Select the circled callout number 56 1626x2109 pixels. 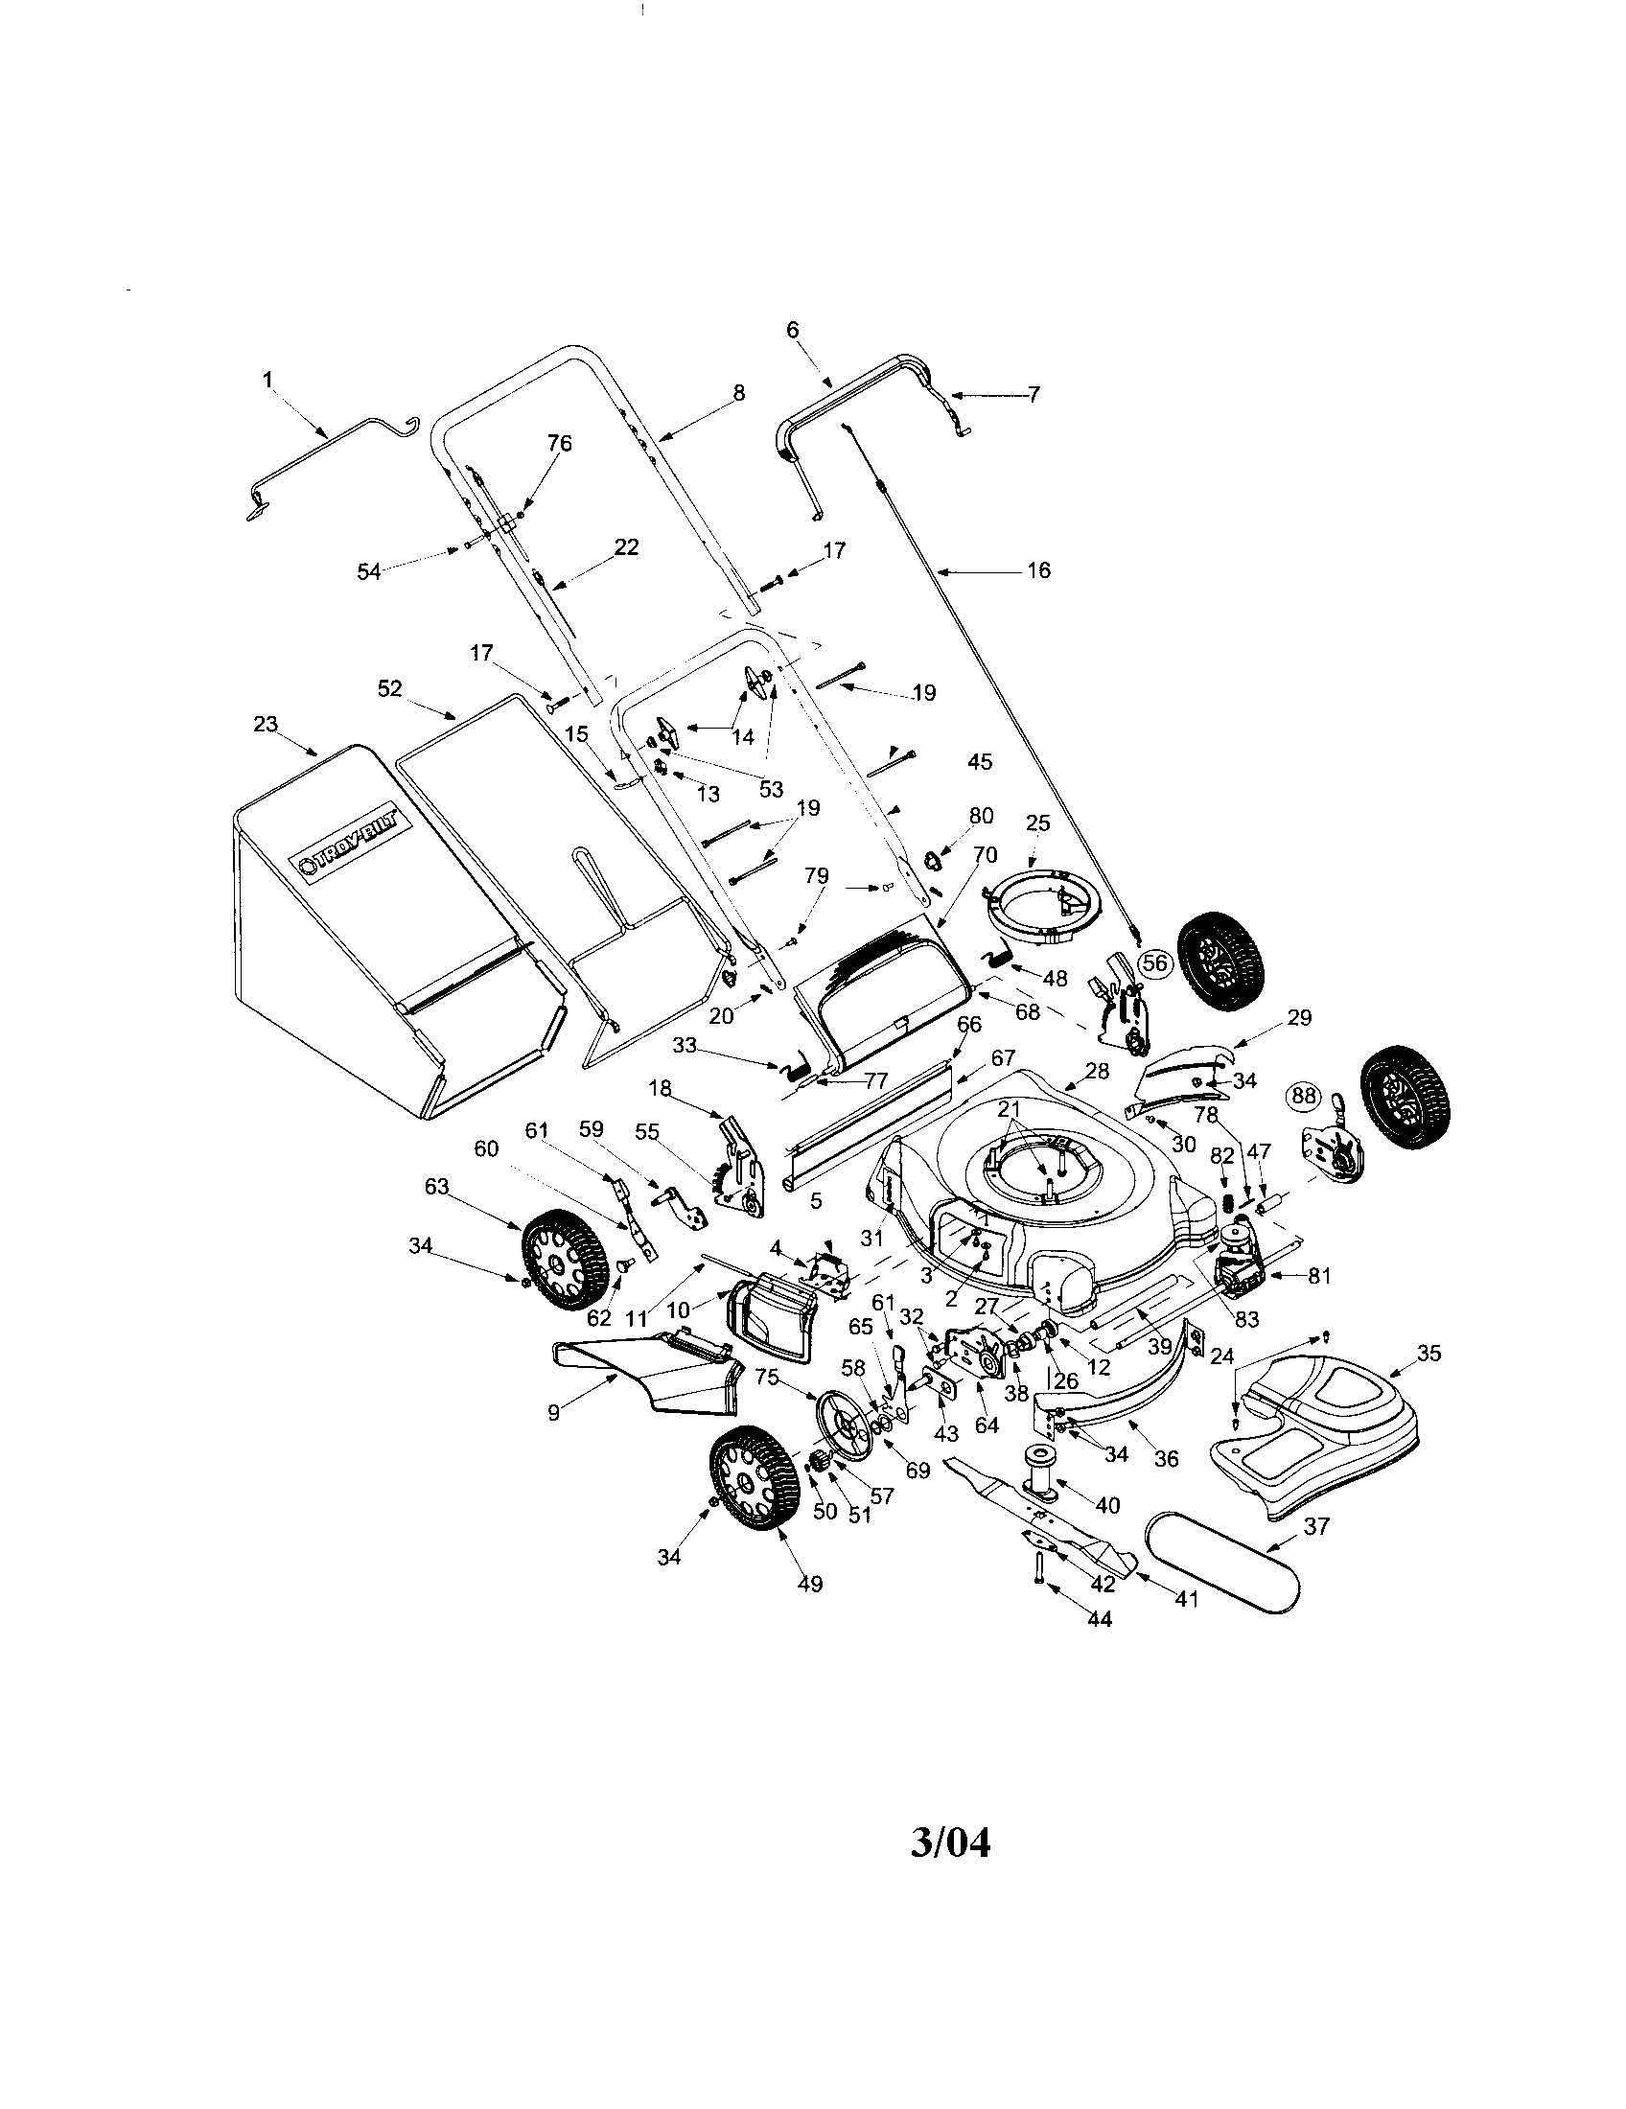(x=1154, y=962)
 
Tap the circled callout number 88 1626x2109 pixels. (x=1304, y=1095)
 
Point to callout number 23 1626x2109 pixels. (x=266, y=723)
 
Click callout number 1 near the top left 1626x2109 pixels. (x=267, y=381)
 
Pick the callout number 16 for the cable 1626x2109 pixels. (x=1038, y=570)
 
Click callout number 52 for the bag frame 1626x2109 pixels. (x=389, y=688)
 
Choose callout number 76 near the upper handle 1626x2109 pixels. (x=560, y=443)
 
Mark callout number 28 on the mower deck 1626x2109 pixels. (x=1097, y=1071)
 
